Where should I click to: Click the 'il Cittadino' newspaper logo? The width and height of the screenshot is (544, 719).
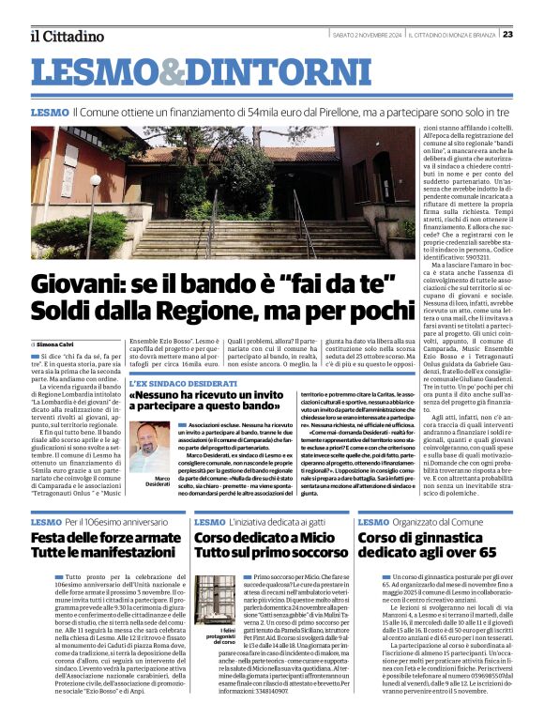coord(67,36)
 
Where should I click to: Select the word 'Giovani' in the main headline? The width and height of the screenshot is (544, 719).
coord(82,283)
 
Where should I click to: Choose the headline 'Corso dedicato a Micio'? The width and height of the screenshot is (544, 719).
coord(259,538)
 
